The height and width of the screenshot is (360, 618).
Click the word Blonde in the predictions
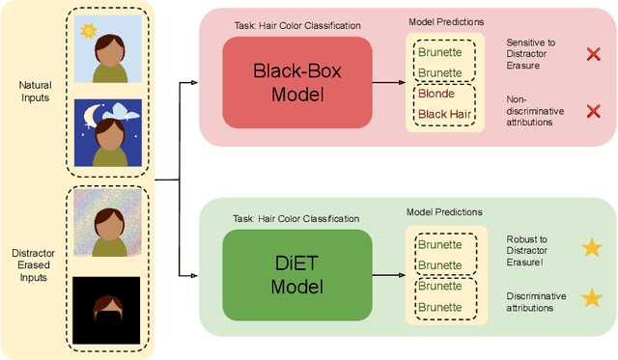437,95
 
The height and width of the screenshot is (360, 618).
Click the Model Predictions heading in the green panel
445,211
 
